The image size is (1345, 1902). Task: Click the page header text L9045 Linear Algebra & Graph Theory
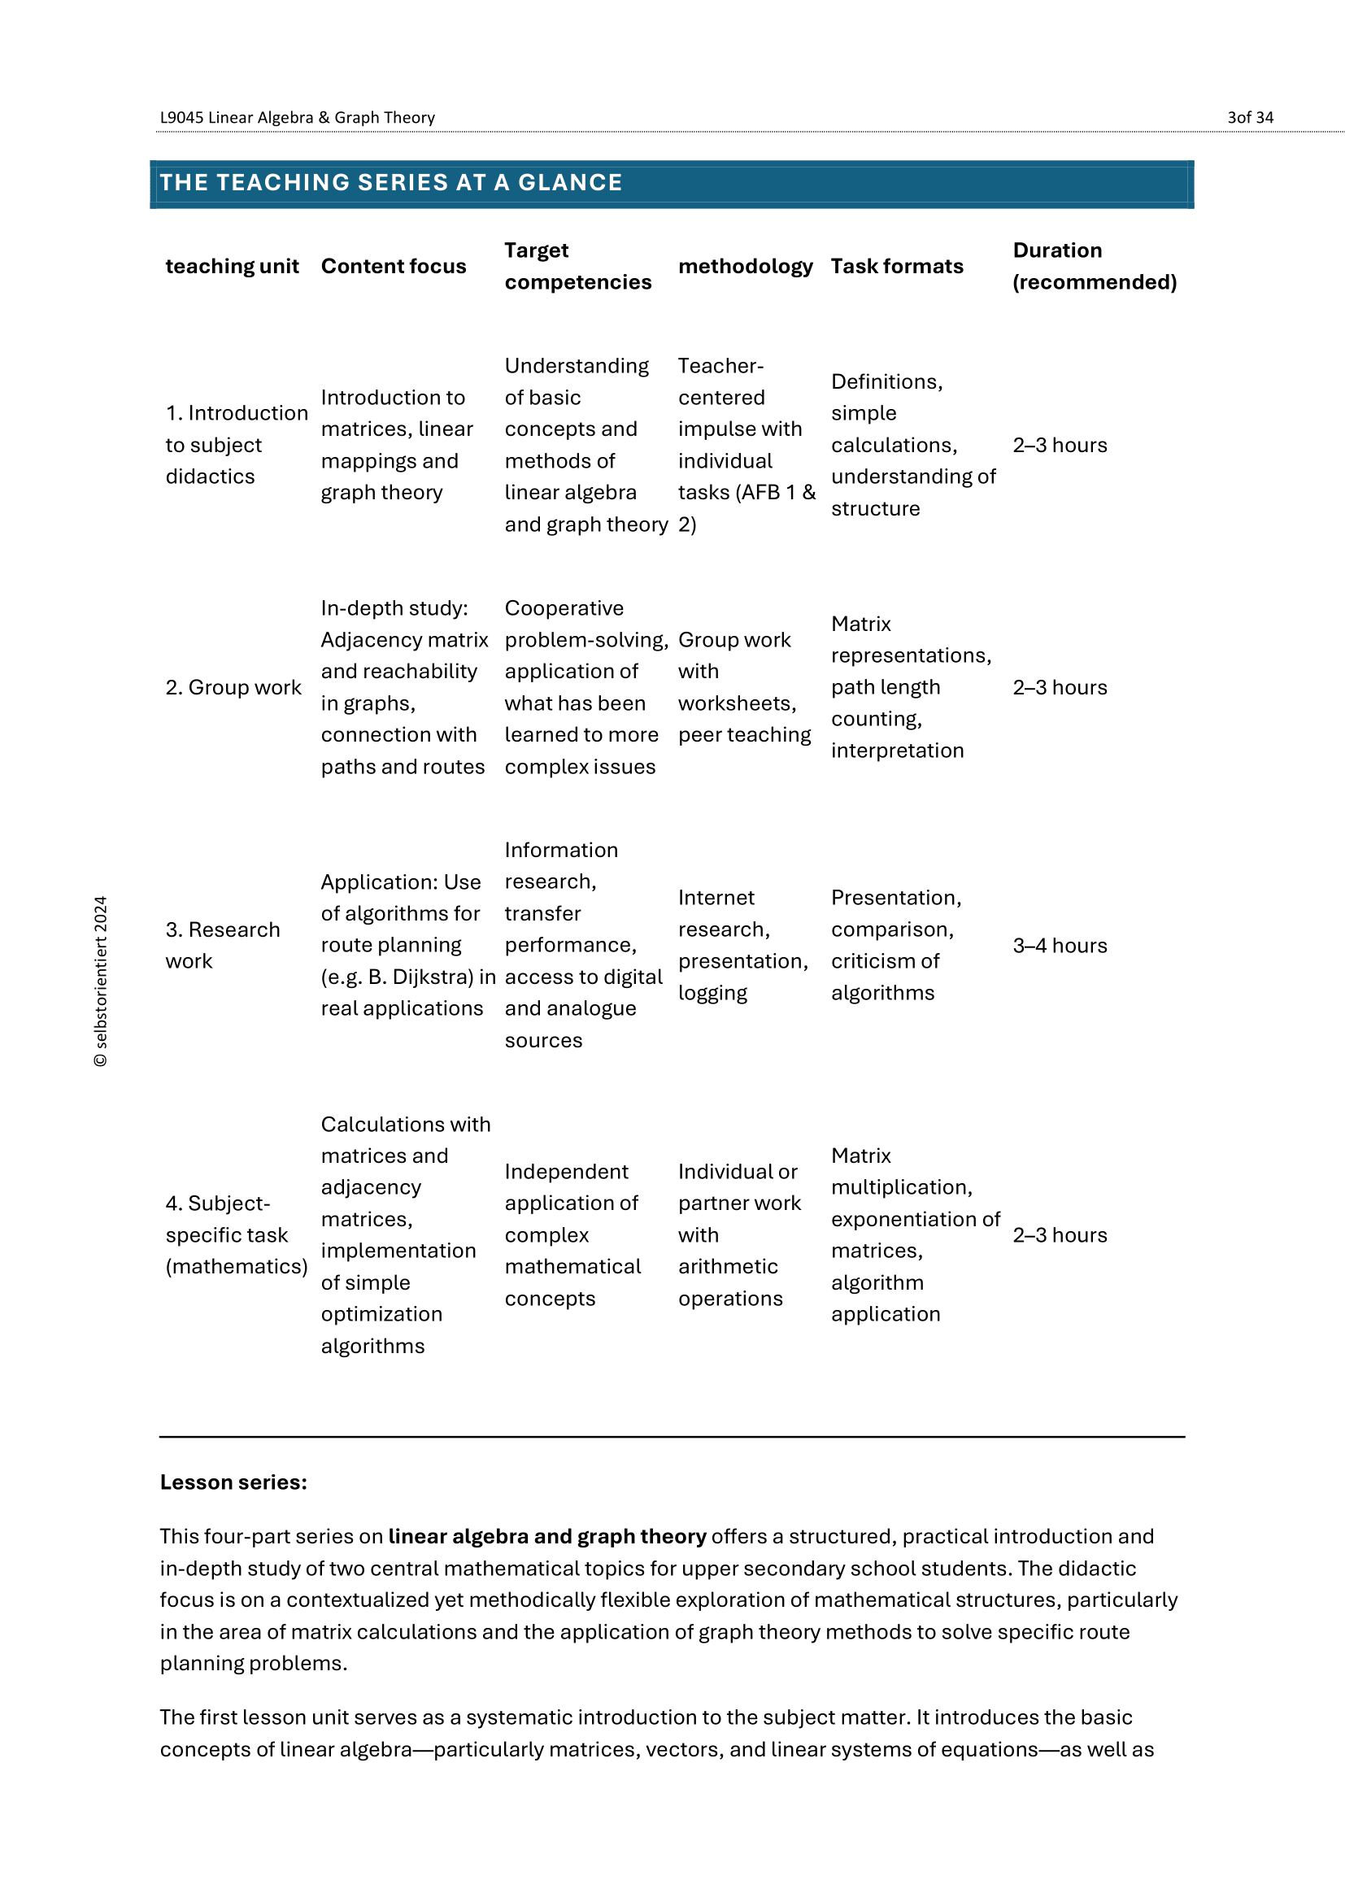[298, 118]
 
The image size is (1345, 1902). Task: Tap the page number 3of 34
[1250, 118]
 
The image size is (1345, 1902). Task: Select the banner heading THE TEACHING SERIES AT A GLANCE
[391, 183]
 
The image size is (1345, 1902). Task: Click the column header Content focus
[394, 267]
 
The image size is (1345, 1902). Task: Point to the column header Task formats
[897, 267]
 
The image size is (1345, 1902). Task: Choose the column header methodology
[746, 267]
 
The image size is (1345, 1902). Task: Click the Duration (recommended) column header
[1094, 267]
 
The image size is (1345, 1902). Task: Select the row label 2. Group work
[233, 688]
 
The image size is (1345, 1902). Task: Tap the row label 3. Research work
[223, 945]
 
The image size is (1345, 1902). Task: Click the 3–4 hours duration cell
[1060, 946]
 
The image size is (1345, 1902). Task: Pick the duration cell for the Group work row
[1060, 688]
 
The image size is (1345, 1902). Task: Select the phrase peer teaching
[745, 736]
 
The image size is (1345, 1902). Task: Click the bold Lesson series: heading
[233, 1482]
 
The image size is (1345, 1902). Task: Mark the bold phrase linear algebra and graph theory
[547, 1537]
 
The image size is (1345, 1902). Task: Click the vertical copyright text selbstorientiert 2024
[101, 981]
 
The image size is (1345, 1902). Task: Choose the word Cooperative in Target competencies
[564, 609]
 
